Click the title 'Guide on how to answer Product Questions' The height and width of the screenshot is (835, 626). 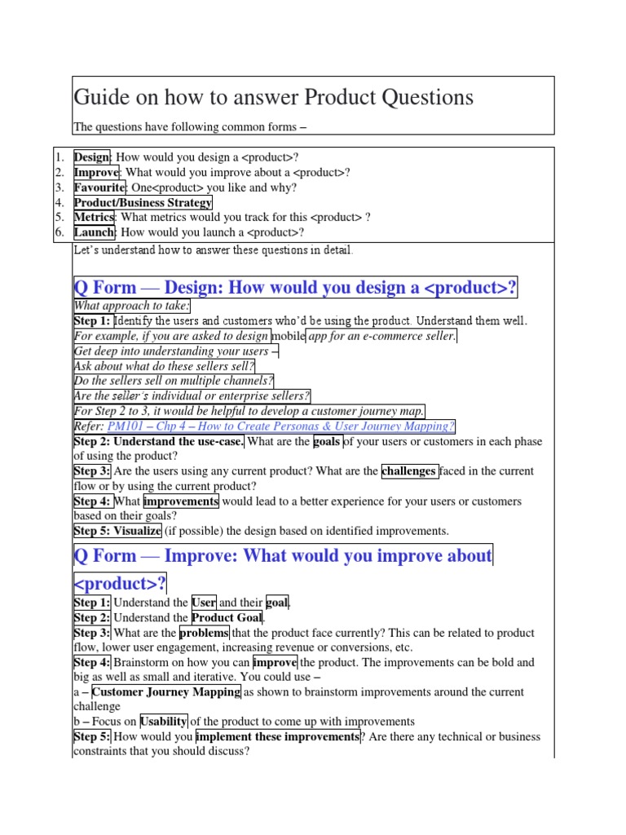pos(273,98)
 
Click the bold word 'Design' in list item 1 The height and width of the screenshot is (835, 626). pos(92,157)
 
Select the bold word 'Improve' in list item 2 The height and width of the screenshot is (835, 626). pos(96,172)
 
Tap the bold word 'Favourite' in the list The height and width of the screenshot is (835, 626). pos(100,188)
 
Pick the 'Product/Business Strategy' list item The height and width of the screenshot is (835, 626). pos(143,203)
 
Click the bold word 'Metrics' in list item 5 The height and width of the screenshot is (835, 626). pos(94,218)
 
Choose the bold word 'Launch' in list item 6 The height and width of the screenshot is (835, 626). pos(94,232)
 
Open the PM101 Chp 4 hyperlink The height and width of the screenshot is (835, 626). pos(280,426)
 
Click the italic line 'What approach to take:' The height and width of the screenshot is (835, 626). pos(132,306)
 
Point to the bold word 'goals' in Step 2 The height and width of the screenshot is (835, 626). pos(328,441)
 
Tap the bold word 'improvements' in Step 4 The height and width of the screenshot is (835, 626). pos(181,501)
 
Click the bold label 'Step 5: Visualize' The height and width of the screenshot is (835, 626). pos(117,531)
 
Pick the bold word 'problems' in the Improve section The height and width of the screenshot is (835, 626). pos(204,633)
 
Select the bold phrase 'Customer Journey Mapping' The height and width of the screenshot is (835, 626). pos(166,692)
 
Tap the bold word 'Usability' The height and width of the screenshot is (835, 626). pos(164,722)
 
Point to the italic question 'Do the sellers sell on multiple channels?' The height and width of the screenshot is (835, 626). pos(174,381)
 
